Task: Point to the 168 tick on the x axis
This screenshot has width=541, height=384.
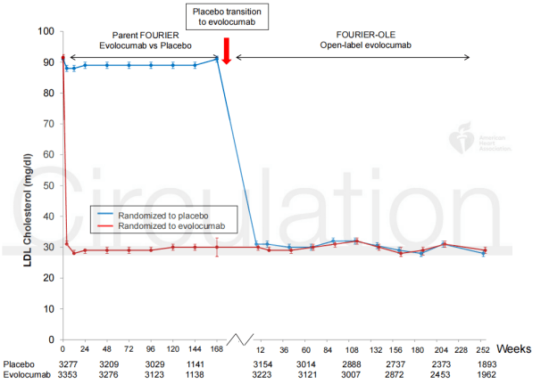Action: tap(217, 347)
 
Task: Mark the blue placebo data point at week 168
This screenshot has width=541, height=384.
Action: tap(217, 60)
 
